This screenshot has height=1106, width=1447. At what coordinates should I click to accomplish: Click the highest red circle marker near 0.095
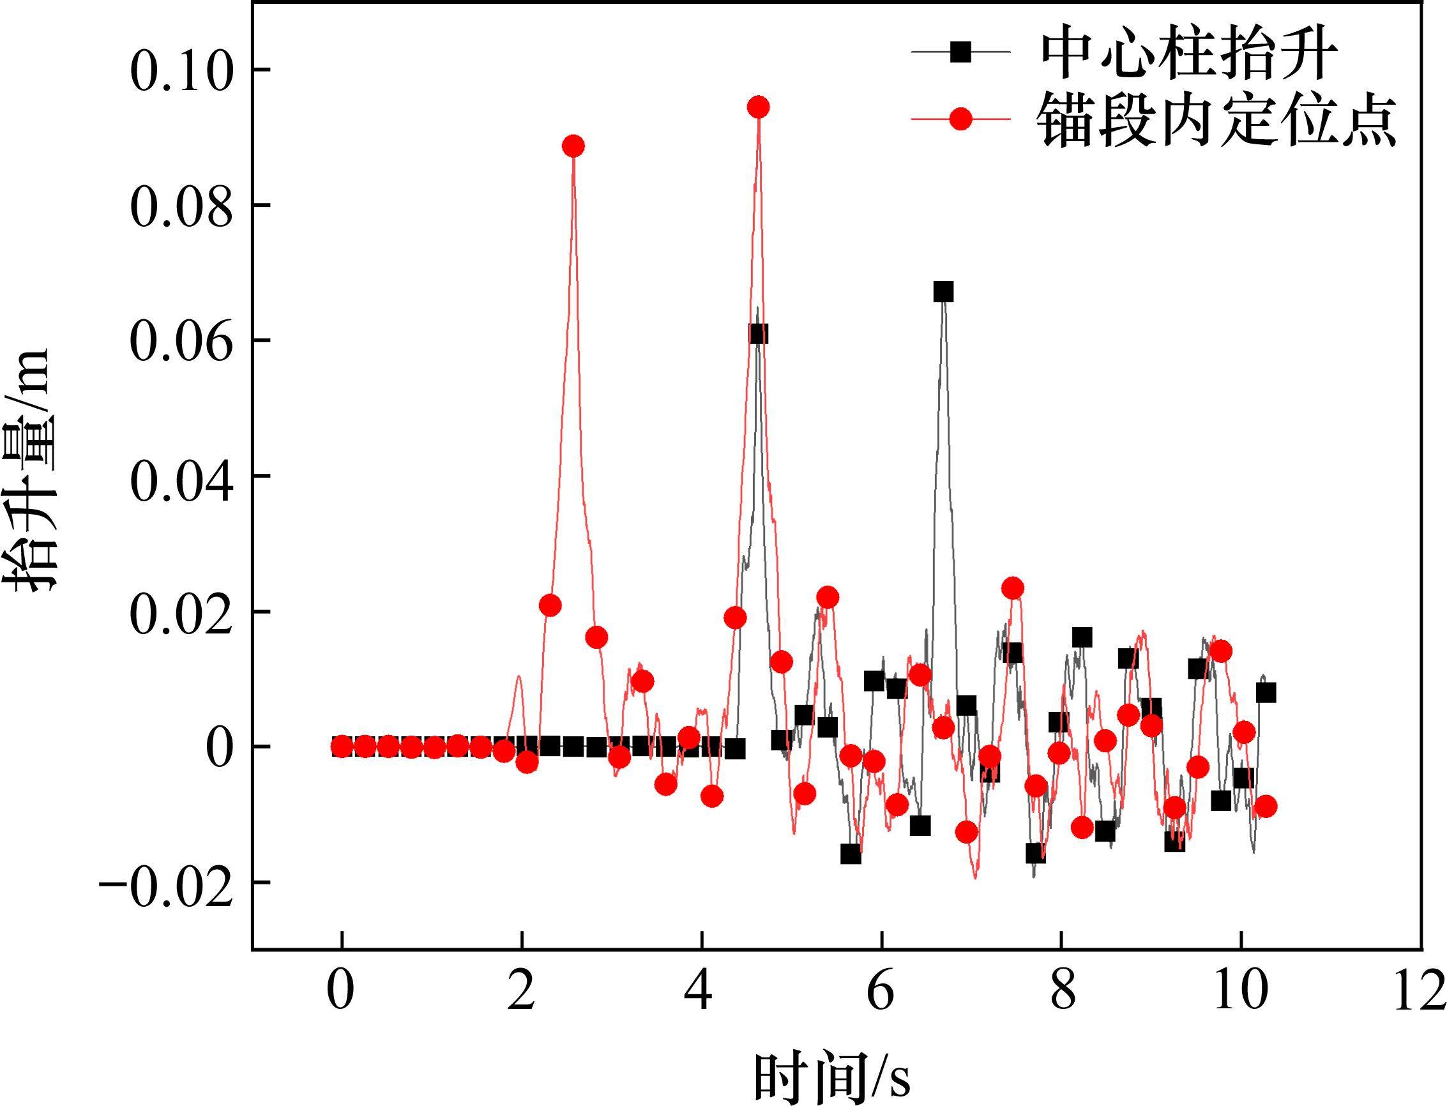click(759, 107)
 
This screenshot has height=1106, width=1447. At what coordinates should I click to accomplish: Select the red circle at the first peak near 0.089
click(573, 146)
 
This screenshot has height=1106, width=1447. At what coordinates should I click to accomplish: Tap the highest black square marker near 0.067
click(943, 292)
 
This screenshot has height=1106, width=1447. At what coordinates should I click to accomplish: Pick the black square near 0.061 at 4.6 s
click(758, 334)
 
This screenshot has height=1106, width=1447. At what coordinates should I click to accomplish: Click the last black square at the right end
click(1265, 693)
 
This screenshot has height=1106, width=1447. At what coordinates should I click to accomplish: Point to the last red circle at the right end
click(1265, 807)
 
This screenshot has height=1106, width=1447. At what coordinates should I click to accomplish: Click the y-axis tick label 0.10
click(182, 70)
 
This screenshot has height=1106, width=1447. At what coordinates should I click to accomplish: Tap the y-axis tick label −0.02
click(166, 883)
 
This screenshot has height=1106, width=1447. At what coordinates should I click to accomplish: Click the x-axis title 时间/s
click(833, 1077)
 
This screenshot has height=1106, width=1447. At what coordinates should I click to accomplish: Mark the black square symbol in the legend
click(960, 52)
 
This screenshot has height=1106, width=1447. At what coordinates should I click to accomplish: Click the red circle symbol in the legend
click(960, 119)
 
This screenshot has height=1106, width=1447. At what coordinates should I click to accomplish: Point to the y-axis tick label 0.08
click(182, 206)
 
